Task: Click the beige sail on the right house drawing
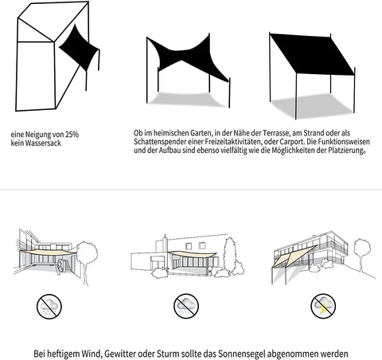tap(299, 256)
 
